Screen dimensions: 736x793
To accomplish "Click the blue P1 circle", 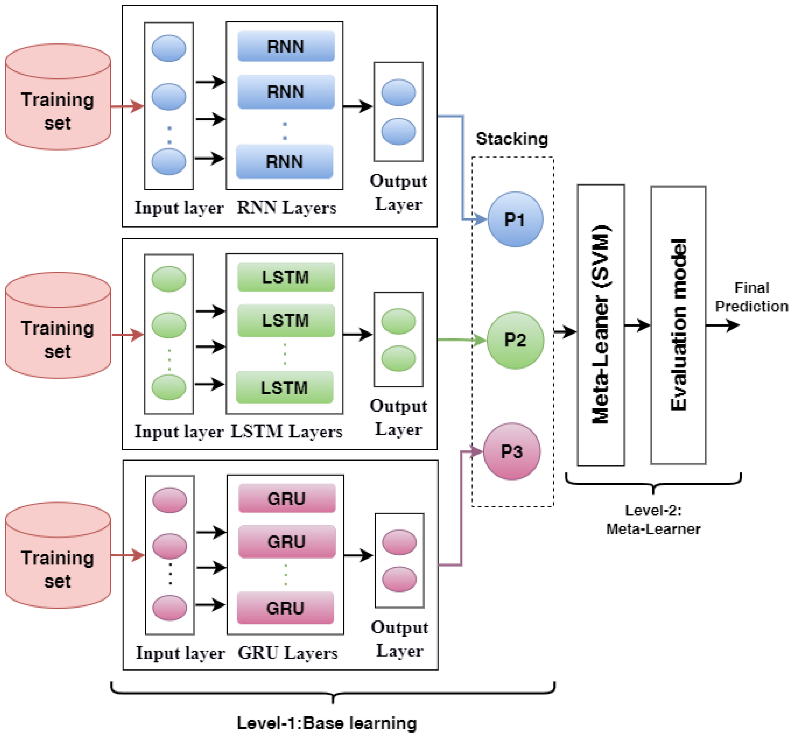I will (x=515, y=220).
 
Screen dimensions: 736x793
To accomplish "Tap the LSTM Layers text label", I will (x=286, y=431).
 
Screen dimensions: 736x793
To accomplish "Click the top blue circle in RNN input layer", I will (x=169, y=48).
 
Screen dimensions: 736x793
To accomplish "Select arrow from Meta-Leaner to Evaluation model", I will (x=637, y=325).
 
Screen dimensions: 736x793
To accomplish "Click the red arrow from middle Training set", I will (x=127, y=335).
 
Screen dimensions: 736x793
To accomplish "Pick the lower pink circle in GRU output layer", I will (x=399, y=579).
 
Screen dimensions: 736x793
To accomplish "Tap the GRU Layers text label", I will (x=288, y=653).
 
